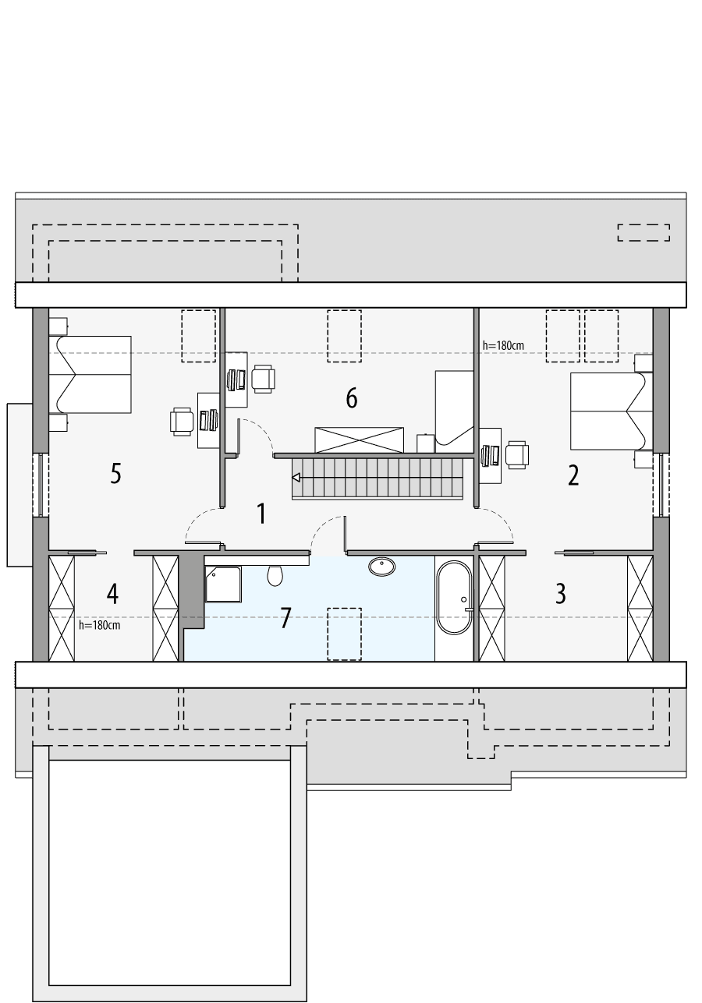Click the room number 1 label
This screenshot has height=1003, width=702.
tap(262, 514)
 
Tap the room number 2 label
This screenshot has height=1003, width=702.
tap(573, 475)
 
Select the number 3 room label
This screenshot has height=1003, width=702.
tap(561, 593)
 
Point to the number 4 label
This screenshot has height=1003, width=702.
tap(113, 594)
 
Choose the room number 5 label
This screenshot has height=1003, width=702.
tap(115, 473)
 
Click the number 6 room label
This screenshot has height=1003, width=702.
tap(352, 398)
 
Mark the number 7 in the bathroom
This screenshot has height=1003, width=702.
tap(285, 619)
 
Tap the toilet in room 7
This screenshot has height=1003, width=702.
tap(274, 575)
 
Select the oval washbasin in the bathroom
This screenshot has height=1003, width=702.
tap(381, 567)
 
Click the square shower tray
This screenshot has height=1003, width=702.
tap(223, 584)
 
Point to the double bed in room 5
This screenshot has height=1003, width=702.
tap(90, 374)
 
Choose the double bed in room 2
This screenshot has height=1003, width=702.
tap(611, 411)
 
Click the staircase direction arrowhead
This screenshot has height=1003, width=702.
tap(296, 476)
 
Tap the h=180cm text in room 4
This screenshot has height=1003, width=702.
tap(99, 624)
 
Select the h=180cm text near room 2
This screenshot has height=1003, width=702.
tap(503, 344)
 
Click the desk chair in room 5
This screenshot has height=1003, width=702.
tap(183, 421)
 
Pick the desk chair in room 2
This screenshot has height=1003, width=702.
tap(517, 454)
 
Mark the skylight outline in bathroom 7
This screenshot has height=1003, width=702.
tap(344, 634)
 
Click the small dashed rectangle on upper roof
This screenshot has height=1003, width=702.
tap(643, 232)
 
